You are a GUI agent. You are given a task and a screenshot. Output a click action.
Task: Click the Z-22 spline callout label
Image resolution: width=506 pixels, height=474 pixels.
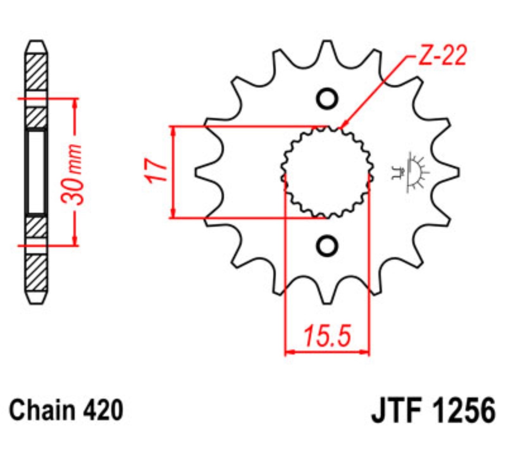point(442,56)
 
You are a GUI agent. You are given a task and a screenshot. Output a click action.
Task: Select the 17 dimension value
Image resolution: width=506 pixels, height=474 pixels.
point(156,171)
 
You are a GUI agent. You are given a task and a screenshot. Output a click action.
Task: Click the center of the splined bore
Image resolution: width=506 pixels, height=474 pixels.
point(327,172)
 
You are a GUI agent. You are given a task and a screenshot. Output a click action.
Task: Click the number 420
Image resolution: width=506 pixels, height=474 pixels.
point(103,410)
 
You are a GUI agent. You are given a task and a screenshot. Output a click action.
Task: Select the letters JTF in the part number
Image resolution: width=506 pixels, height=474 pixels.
point(397,411)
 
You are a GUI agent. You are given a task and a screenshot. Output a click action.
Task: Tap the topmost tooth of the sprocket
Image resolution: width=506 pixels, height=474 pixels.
point(327,47)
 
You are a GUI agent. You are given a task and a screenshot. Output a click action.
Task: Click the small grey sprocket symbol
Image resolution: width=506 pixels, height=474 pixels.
point(410,172)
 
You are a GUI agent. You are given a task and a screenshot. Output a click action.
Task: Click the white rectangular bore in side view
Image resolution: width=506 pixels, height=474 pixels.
point(36,172)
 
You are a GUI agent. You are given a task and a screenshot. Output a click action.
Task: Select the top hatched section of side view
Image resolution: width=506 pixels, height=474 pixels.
point(36,72)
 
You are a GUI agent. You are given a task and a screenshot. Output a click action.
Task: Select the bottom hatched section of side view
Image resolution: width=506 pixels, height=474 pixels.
point(36,273)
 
